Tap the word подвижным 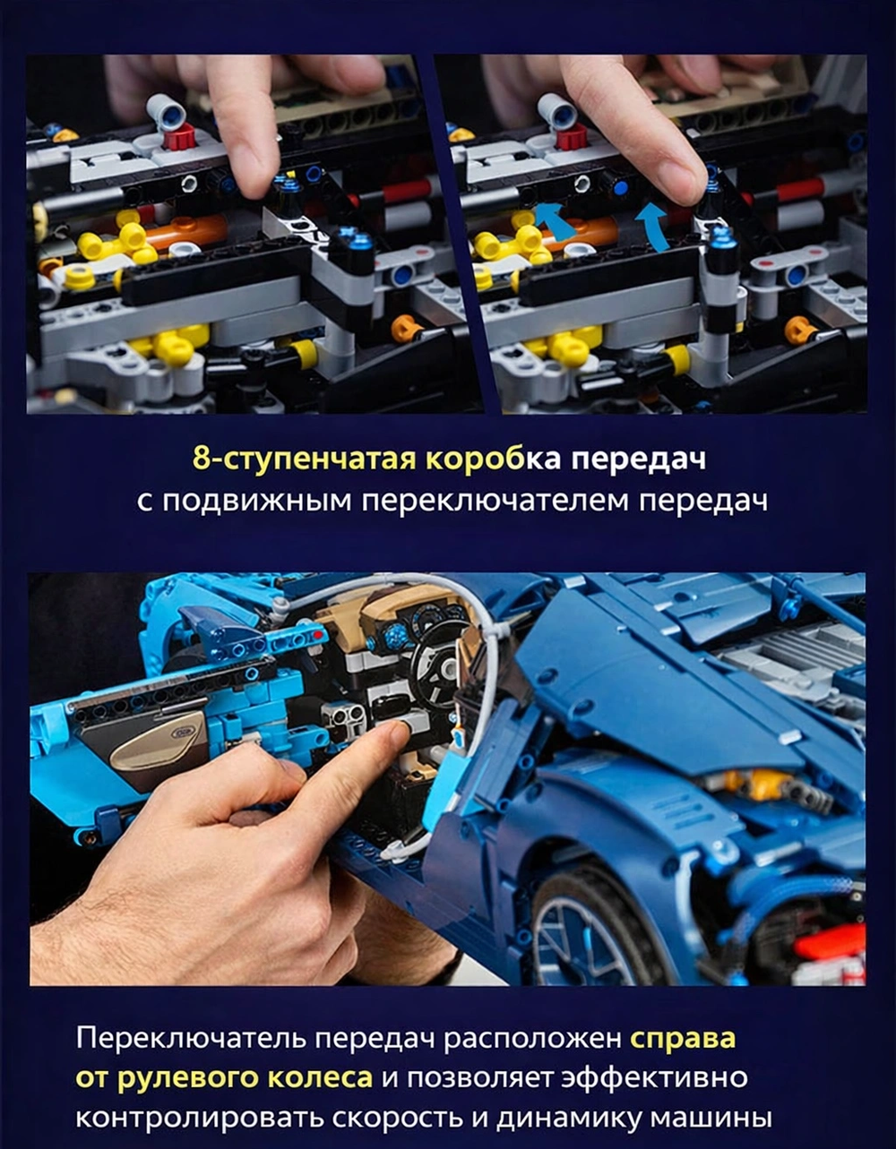(x=257, y=501)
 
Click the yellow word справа (x=683, y=1038)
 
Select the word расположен (x=532, y=1038)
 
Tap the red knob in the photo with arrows (x=572, y=136)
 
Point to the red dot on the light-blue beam (x=318, y=635)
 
